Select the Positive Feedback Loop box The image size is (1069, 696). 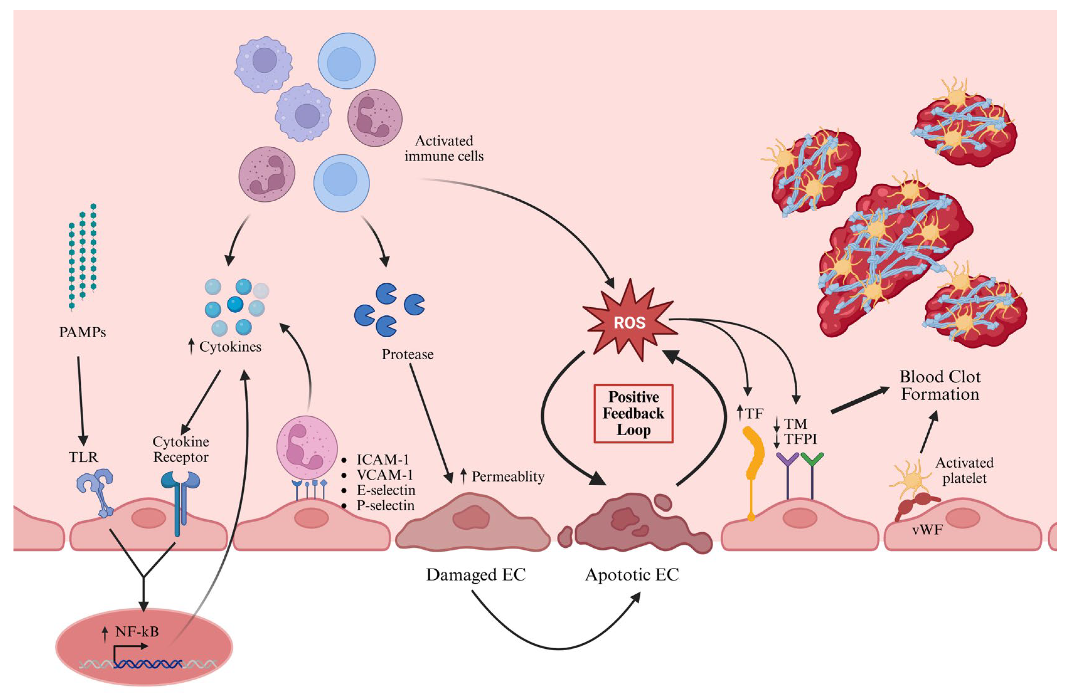(633, 414)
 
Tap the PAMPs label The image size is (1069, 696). (82, 332)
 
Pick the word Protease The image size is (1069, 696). (407, 354)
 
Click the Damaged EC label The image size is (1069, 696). (476, 575)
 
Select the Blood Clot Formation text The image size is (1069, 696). (940, 385)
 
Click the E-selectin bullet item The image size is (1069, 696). (386, 490)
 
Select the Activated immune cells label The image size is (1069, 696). (444, 149)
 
